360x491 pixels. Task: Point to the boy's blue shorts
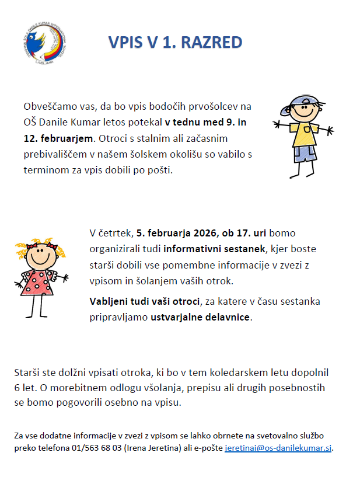pyautogui.click(x=304, y=153)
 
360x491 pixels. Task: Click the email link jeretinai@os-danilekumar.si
pyautogui.click(x=278, y=448)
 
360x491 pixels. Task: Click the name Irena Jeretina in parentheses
pyautogui.click(x=152, y=448)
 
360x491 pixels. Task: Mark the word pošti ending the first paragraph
pyautogui.click(x=160, y=170)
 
